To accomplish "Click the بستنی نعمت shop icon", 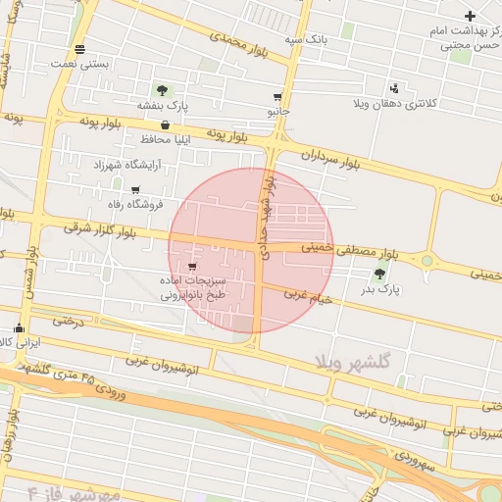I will click(x=79, y=48).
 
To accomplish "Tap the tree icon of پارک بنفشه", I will click(x=162, y=91).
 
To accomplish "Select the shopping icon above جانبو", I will click(x=278, y=97).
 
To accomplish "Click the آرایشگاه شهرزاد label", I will click(x=126, y=165).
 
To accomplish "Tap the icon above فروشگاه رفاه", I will click(x=135, y=190).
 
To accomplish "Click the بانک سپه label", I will click(x=304, y=38).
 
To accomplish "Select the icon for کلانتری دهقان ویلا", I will click(x=394, y=87).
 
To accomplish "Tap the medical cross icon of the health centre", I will click(x=471, y=16).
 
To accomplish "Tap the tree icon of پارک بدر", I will click(x=379, y=274).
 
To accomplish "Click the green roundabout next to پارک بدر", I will click(x=427, y=261).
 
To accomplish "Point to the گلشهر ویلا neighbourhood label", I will click(x=353, y=362).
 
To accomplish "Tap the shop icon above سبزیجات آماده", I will click(x=192, y=266).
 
